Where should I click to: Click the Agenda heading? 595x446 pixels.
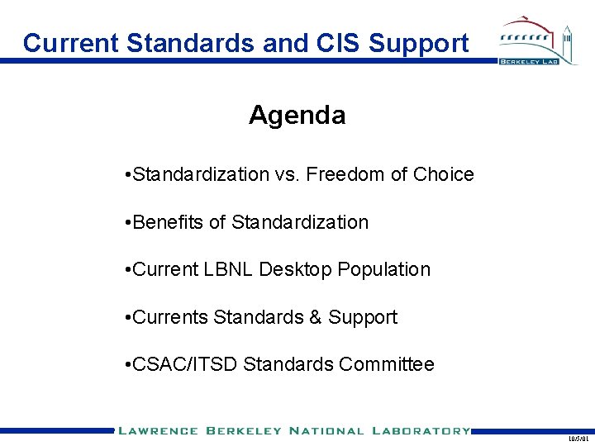pos(297,115)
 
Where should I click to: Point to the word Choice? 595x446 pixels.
pos(443,174)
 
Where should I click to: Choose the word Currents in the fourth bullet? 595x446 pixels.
pos(170,317)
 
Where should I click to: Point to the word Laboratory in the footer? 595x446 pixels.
pos(421,430)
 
